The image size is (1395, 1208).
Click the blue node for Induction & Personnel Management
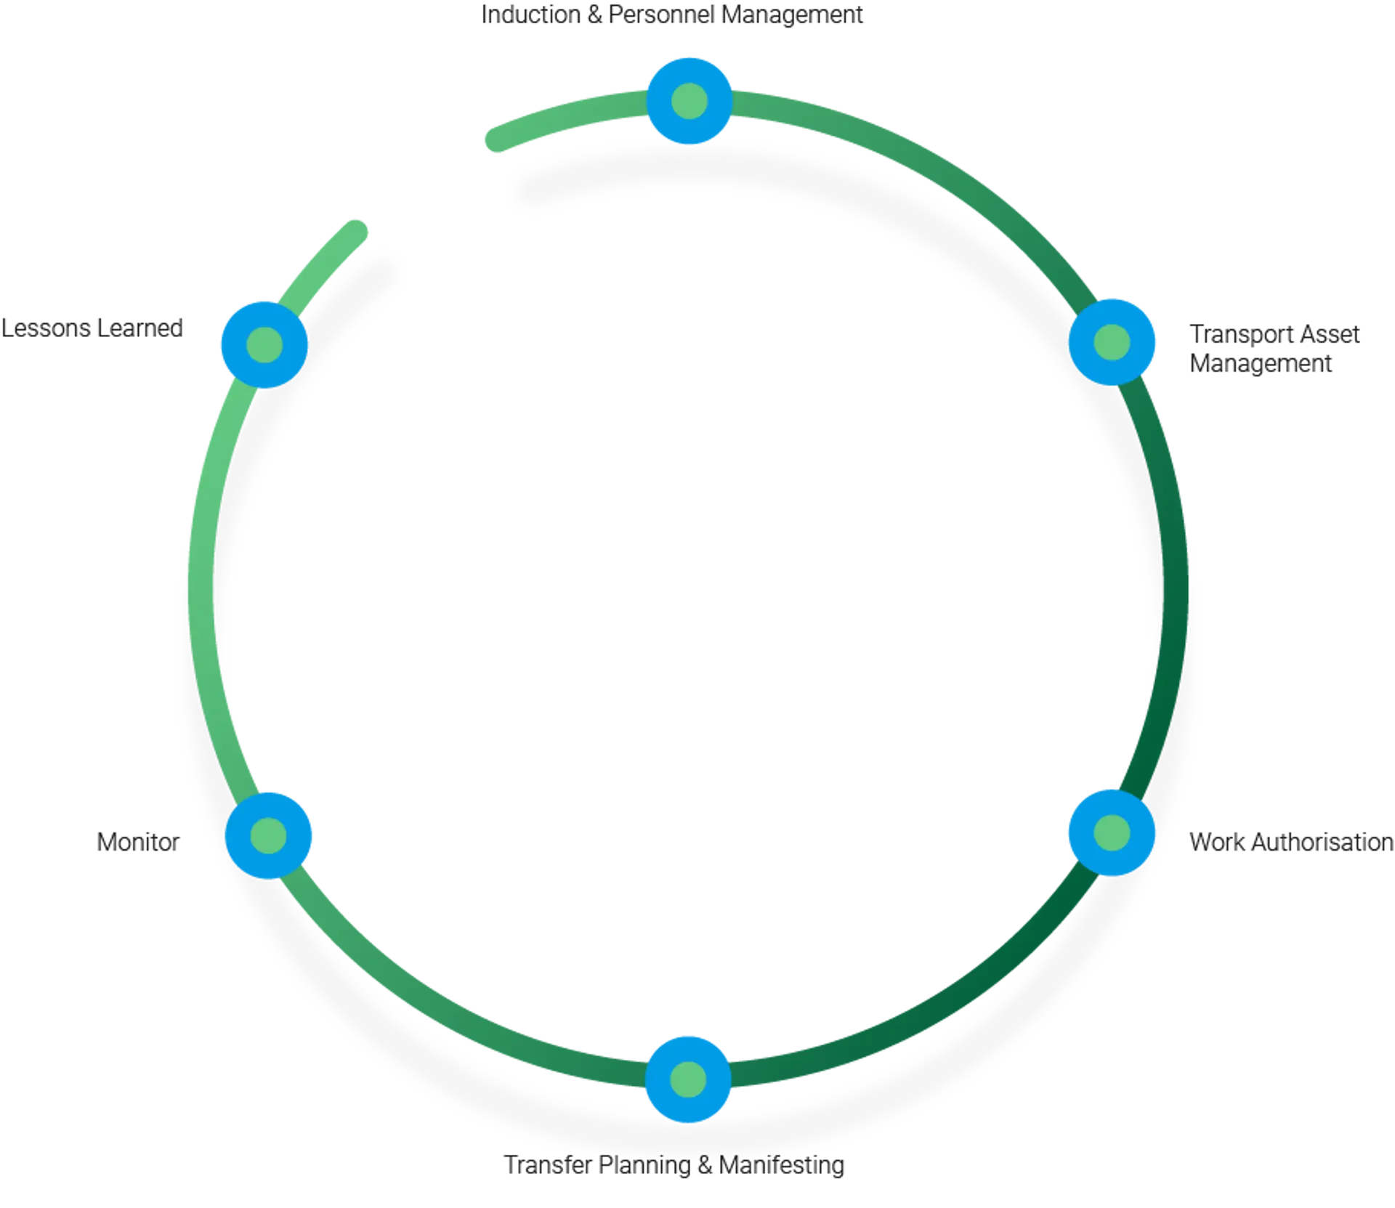[x=689, y=100]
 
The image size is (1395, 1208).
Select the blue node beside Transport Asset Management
[x=1112, y=341]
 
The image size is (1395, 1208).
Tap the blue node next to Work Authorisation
[x=1111, y=832]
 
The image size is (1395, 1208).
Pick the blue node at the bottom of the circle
[x=688, y=1078]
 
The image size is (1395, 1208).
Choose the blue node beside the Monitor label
[x=269, y=835]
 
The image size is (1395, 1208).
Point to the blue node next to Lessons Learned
[x=264, y=343]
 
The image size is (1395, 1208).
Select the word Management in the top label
[x=792, y=15]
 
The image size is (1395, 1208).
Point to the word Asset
[x=1329, y=334]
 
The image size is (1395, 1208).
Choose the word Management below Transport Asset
[x=1261, y=363]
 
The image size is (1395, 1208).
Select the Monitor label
[x=138, y=843]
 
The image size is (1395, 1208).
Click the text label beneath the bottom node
[x=676, y=1166]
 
